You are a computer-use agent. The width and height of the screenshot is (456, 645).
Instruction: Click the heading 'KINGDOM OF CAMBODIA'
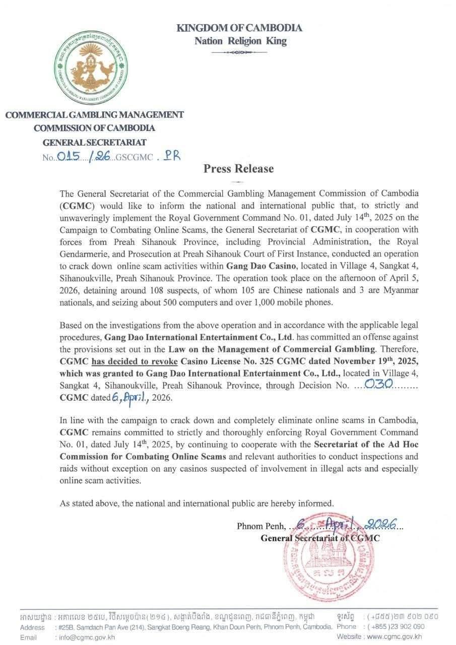click(x=239, y=28)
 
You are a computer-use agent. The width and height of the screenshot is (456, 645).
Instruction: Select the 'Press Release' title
click(x=238, y=169)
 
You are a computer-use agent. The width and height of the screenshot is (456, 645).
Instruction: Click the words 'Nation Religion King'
click(x=240, y=41)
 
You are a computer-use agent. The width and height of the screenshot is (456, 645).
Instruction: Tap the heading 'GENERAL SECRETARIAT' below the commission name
click(x=94, y=143)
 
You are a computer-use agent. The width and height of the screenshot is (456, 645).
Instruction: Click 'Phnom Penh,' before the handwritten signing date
click(x=260, y=526)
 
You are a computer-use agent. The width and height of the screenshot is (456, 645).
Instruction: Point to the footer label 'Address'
click(x=32, y=627)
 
